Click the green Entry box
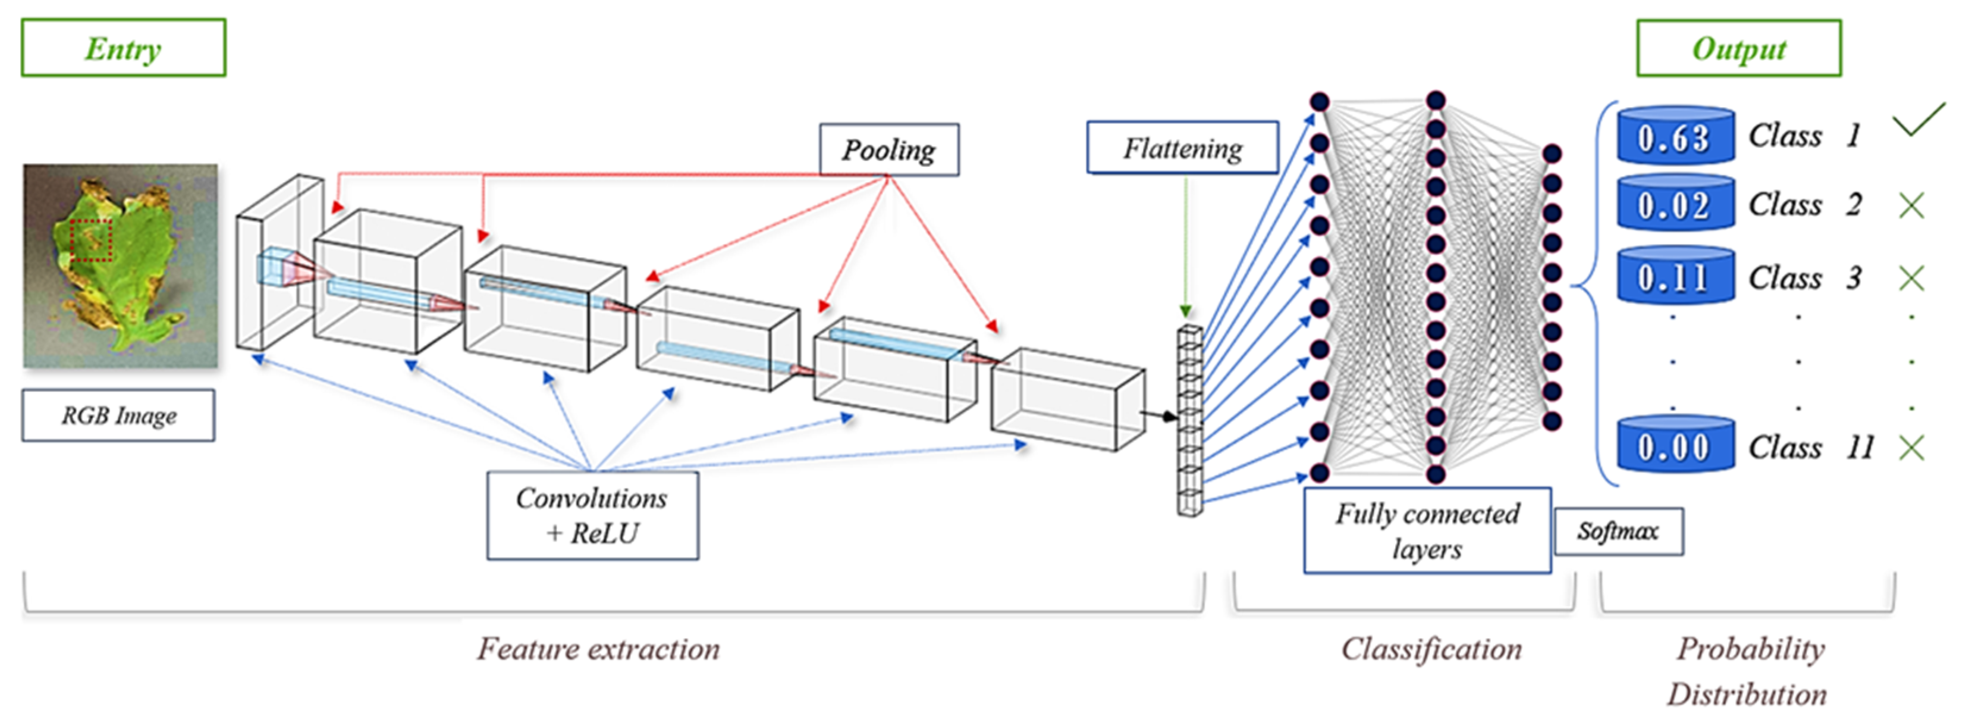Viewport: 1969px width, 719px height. pos(123,48)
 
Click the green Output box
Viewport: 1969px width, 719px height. pos(1738,48)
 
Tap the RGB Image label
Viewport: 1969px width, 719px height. pos(118,415)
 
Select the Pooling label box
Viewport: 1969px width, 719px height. pos(889,150)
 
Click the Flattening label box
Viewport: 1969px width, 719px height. pos(1182,148)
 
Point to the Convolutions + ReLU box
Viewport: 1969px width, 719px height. pos(592,515)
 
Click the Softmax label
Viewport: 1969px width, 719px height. pos(1618,531)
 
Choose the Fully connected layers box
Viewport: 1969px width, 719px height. pos(1427,530)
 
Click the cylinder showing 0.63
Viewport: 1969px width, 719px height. pos(1675,136)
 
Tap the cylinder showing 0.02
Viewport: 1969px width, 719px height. pos(1675,204)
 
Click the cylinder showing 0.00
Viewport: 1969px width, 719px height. pos(1675,445)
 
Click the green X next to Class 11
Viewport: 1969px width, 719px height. pos(1911,448)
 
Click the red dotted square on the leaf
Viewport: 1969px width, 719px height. pos(91,240)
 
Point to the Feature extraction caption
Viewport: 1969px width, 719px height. pos(598,649)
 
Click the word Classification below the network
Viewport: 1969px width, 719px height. pos(1431,649)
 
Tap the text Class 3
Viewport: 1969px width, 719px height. pos(1804,277)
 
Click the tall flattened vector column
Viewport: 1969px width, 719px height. pos(1189,421)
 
